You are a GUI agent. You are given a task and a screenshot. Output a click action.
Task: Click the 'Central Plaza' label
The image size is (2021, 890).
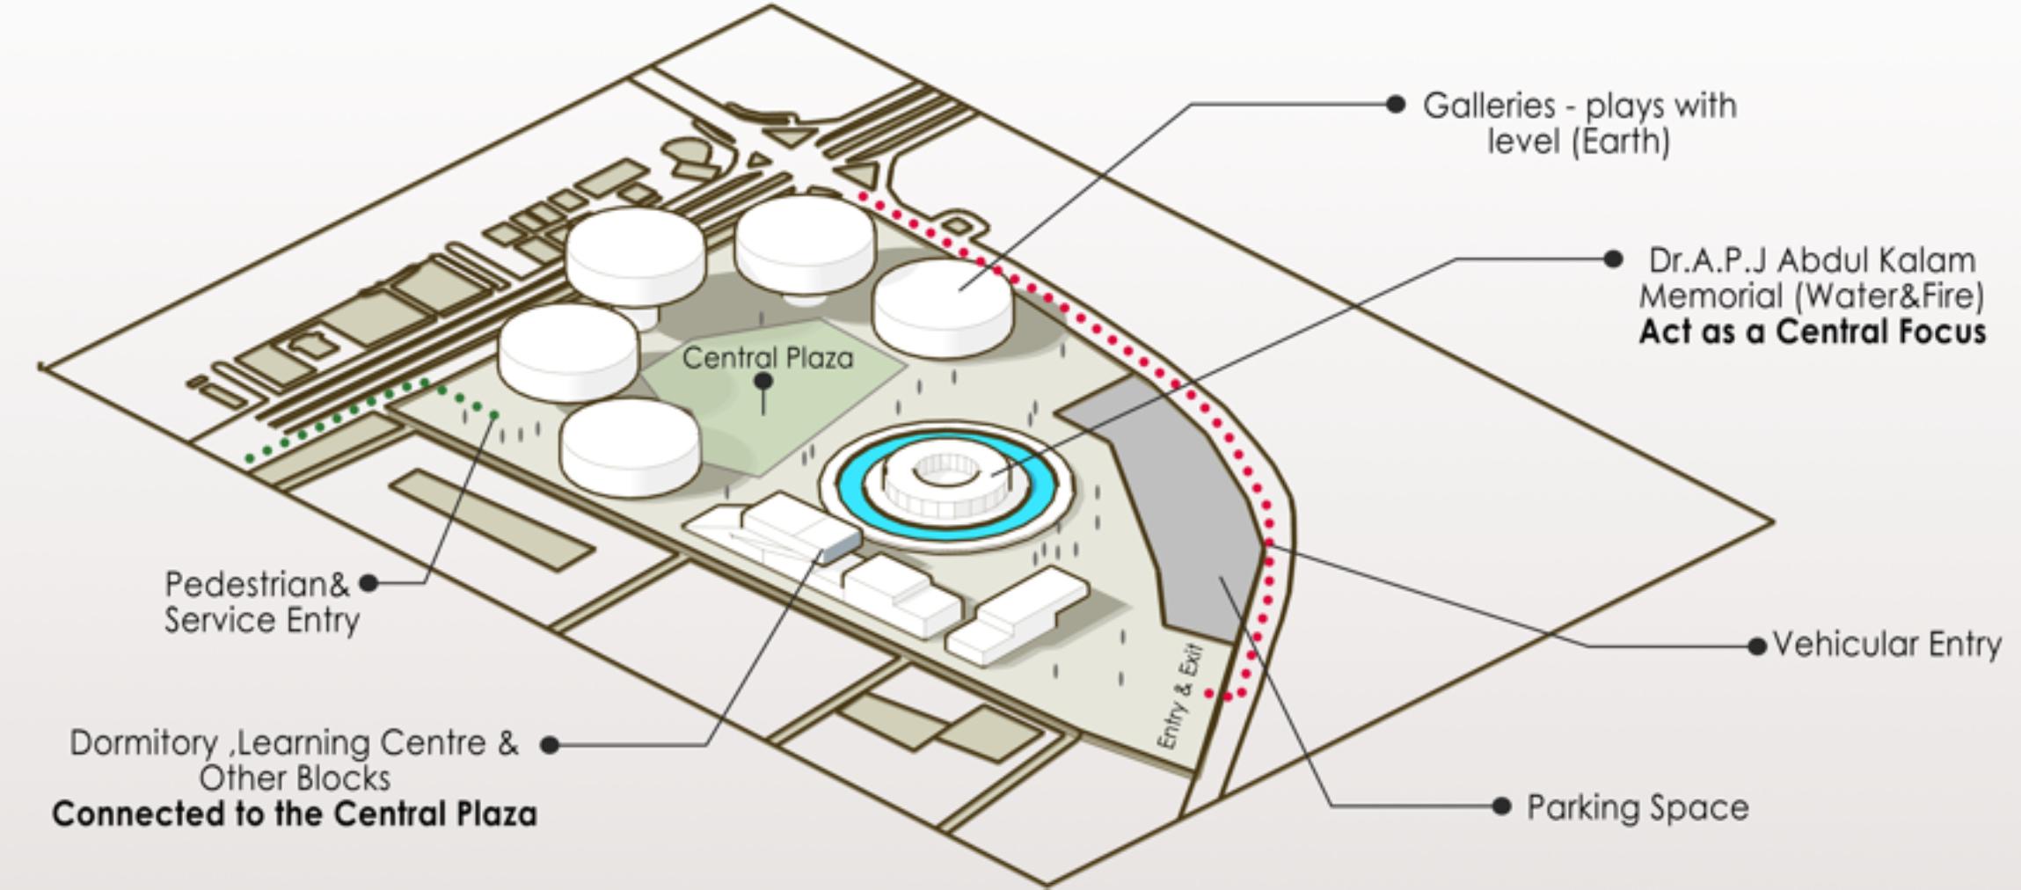(767, 358)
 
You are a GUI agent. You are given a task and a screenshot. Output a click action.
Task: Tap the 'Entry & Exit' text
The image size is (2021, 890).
(1179, 697)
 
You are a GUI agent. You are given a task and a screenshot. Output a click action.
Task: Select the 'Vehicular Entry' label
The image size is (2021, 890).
(1886, 645)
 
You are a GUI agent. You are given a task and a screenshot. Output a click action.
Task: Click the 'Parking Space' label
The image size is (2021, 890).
(1638, 807)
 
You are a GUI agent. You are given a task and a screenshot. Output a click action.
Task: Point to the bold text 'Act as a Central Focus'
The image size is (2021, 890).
(1812, 332)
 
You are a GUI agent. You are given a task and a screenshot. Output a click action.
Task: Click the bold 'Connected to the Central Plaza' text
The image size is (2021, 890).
(295, 813)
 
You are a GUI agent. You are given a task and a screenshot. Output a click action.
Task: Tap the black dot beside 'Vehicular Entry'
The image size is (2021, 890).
(1757, 646)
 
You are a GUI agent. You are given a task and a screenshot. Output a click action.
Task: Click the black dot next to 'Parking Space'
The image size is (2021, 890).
(1501, 806)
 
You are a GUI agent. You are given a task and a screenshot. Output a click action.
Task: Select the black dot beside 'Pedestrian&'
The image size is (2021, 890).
(369, 582)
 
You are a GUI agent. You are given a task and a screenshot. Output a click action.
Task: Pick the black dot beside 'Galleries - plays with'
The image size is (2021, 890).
(1395, 104)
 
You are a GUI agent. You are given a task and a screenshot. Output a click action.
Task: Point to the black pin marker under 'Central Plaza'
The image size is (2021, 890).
(763, 382)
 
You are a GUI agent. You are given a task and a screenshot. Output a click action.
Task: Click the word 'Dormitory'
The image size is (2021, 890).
(142, 743)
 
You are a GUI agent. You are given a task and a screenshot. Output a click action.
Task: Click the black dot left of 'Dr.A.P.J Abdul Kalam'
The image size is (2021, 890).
(1613, 259)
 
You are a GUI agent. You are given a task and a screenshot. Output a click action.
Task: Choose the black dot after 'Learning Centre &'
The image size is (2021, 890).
(550, 745)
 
